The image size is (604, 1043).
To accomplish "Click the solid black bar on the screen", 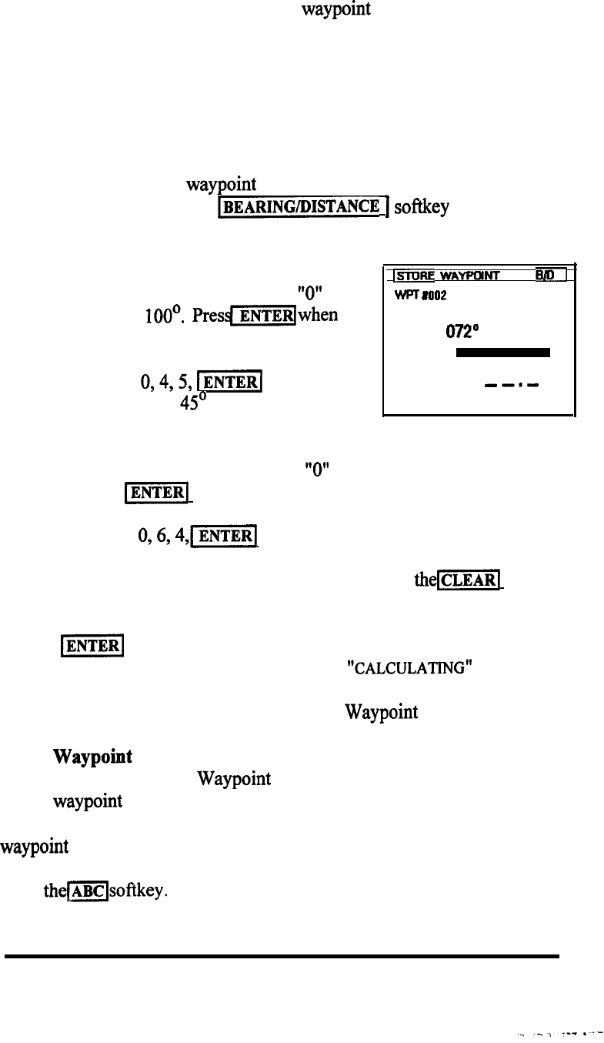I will click(x=502, y=353).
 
